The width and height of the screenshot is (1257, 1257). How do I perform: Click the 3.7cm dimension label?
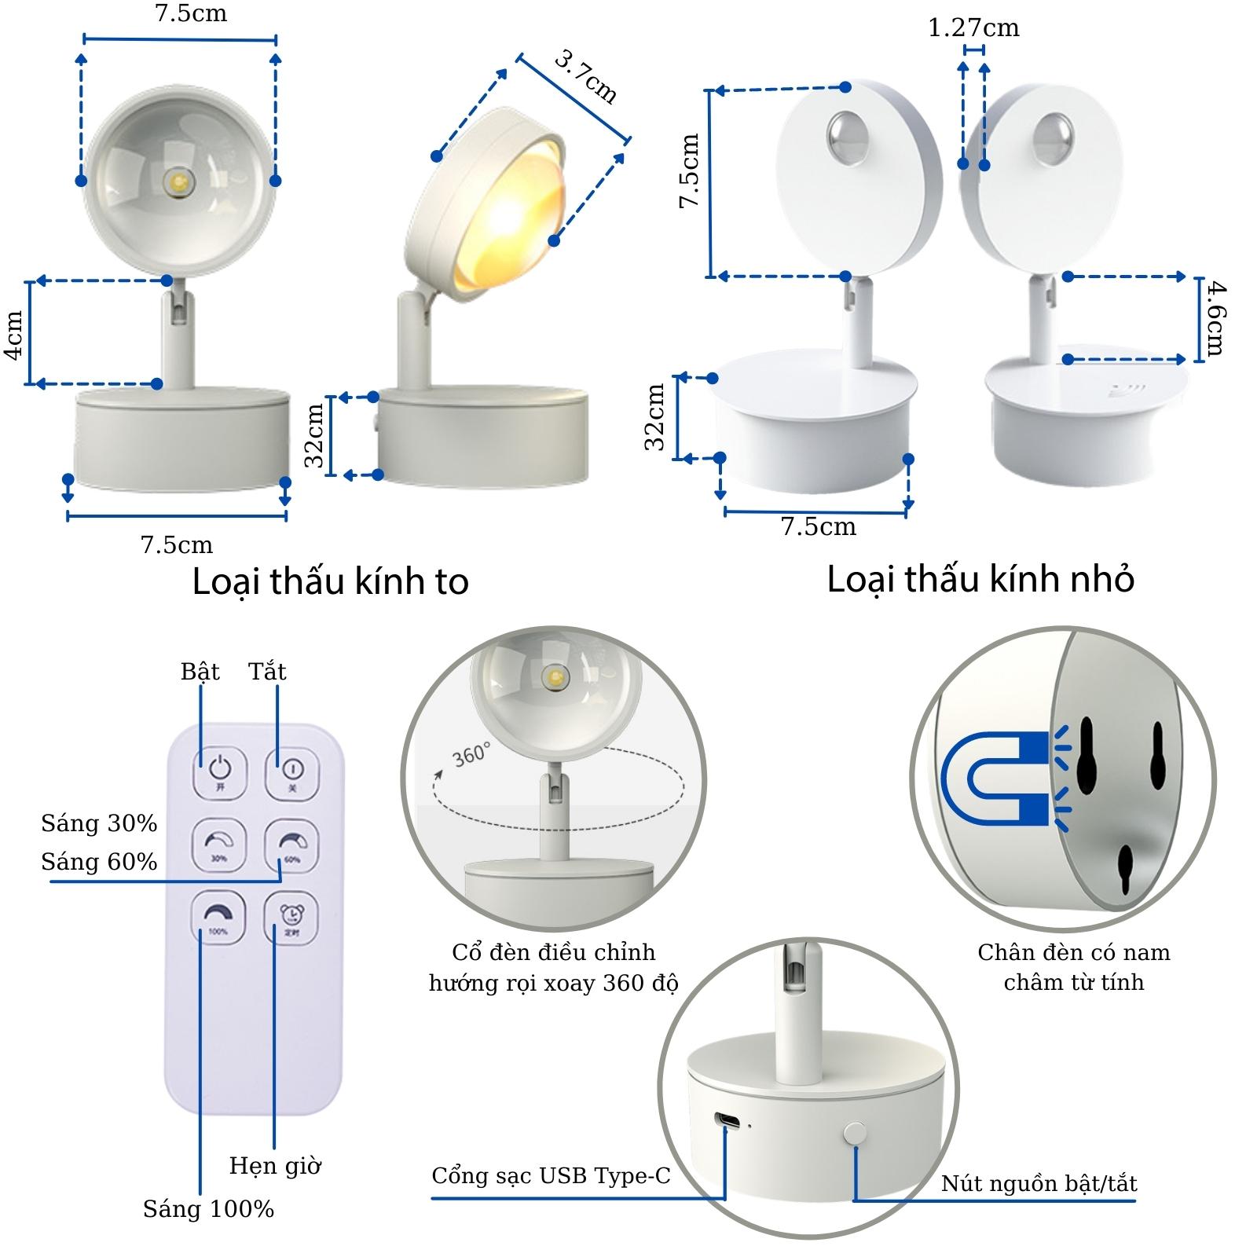pyautogui.click(x=586, y=76)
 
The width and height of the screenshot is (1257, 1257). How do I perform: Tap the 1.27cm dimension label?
pyautogui.click(x=973, y=28)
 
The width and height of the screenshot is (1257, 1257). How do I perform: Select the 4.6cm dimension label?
pyautogui.click(x=1215, y=319)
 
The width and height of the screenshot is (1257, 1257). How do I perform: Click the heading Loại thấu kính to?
pyautogui.click(x=331, y=582)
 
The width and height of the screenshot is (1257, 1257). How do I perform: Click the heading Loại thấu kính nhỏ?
pyautogui.click(x=980, y=580)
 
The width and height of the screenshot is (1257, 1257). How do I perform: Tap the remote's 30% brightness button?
pyautogui.click(x=219, y=845)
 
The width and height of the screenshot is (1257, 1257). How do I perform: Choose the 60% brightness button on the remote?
pyautogui.click(x=291, y=845)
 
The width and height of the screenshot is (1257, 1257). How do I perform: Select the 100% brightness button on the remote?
pyautogui.click(x=218, y=917)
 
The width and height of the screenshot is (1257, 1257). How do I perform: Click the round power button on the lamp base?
pyautogui.click(x=854, y=1132)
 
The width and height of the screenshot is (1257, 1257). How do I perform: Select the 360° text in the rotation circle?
pyautogui.click(x=471, y=754)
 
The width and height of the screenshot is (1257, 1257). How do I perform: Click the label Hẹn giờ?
pyautogui.click(x=275, y=1165)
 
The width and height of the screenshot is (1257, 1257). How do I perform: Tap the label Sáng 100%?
pyautogui.click(x=208, y=1208)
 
